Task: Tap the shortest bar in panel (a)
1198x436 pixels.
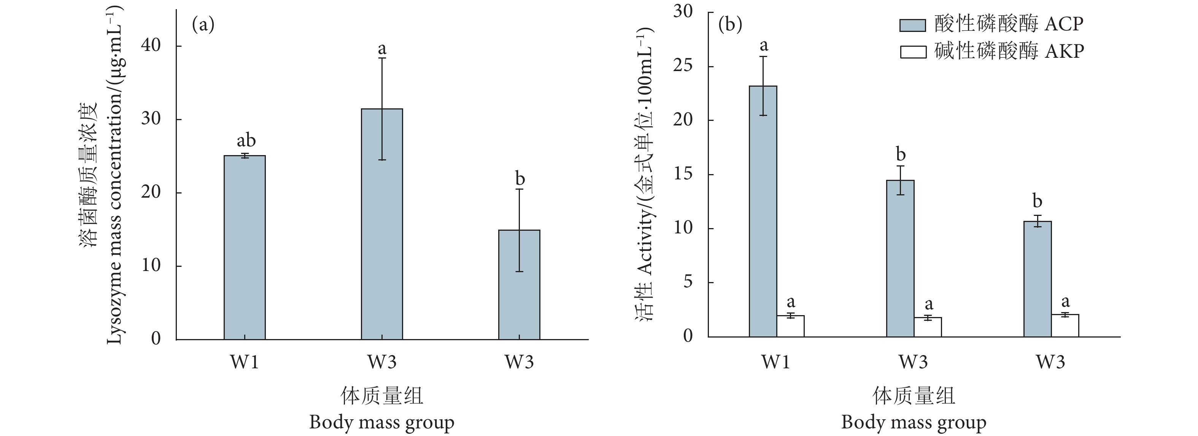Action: [519, 284]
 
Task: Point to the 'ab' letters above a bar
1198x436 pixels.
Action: [246, 140]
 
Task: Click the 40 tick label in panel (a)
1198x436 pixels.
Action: [150, 46]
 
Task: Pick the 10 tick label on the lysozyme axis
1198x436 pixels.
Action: [150, 265]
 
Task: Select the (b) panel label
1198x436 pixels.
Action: [730, 24]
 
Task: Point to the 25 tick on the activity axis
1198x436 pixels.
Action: [683, 66]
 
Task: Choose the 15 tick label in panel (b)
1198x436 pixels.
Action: [683, 174]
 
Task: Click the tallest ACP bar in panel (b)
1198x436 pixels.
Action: [763, 211]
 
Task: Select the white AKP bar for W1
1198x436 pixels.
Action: [791, 326]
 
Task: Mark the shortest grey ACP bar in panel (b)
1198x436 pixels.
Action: [1038, 279]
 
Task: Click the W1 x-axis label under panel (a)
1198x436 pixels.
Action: [244, 361]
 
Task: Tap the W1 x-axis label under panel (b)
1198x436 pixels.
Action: [776, 361]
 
